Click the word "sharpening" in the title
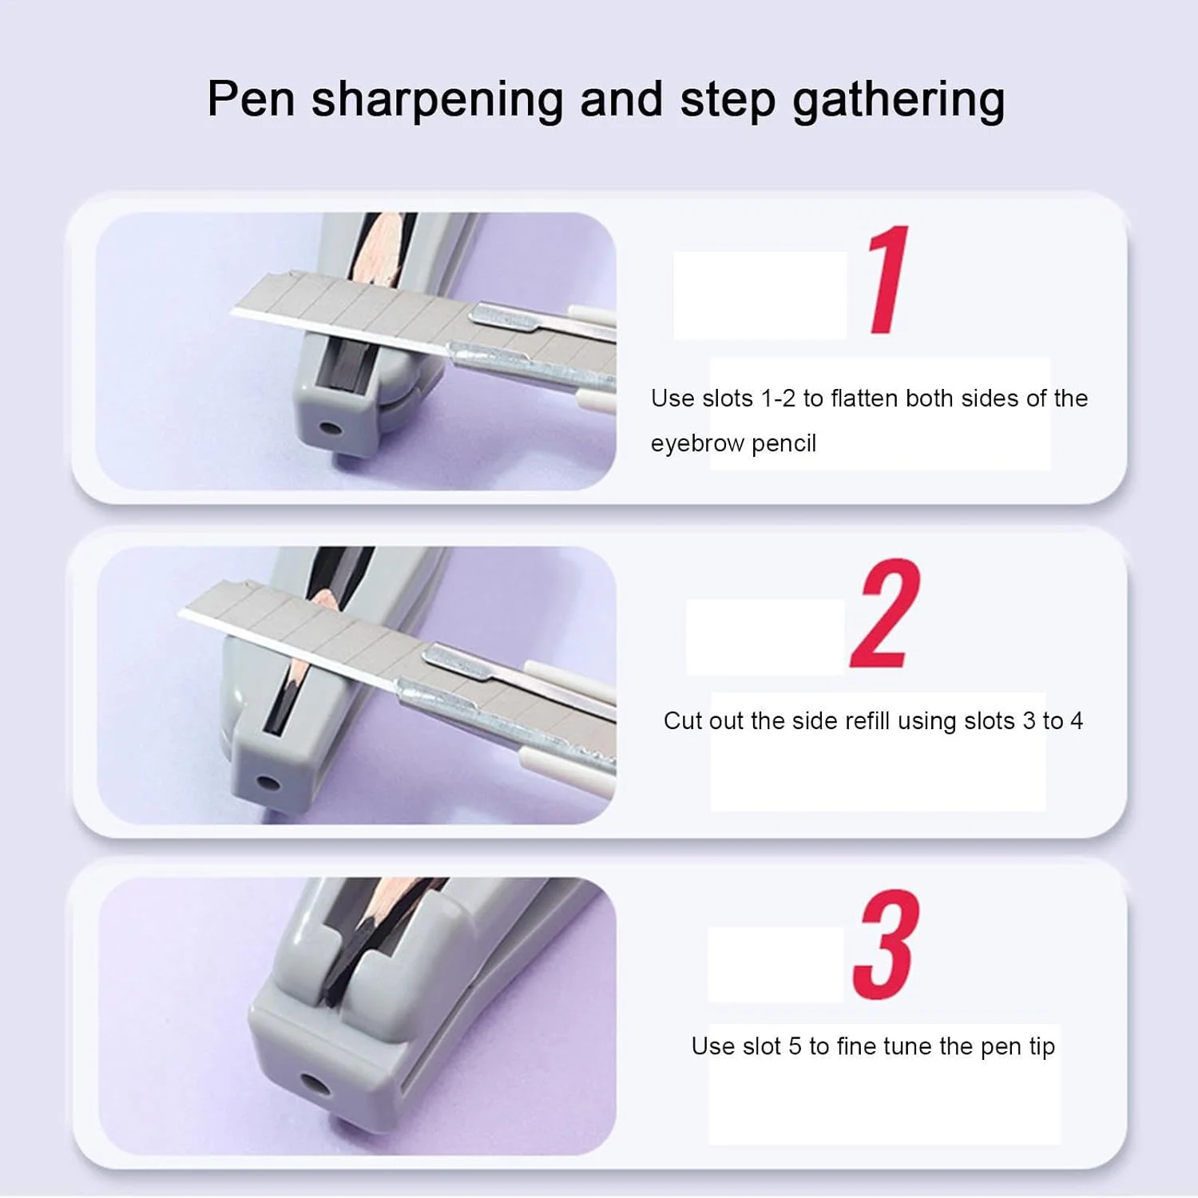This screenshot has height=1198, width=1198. pyautogui.click(x=437, y=101)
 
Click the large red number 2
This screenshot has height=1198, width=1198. pyautogui.click(x=885, y=614)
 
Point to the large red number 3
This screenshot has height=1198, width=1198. pyautogui.click(x=886, y=946)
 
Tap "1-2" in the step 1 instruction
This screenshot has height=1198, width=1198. pyautogui.click(x=778, y=399)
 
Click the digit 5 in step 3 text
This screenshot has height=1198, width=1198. pyautogui.click(x=795, y=1046)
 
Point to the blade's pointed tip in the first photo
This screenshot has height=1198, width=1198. pyautogui.click(x=233, y=313)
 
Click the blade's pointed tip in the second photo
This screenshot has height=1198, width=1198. pyautogui.click(x=180, y=613)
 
